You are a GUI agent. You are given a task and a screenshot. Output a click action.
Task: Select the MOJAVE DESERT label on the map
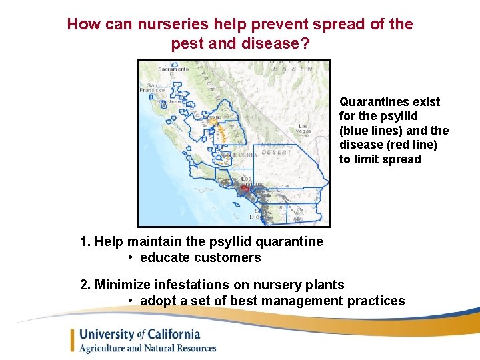[279, 147]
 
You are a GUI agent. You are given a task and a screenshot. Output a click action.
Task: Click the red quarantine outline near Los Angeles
[245, 189]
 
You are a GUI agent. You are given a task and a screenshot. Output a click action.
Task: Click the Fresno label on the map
[215, 117]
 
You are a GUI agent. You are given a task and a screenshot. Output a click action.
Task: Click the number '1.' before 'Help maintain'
[85, 241]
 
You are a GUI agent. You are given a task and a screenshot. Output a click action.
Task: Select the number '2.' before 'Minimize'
[85, 285]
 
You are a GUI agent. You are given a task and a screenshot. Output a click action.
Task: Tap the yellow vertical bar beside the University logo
[73, 340]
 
